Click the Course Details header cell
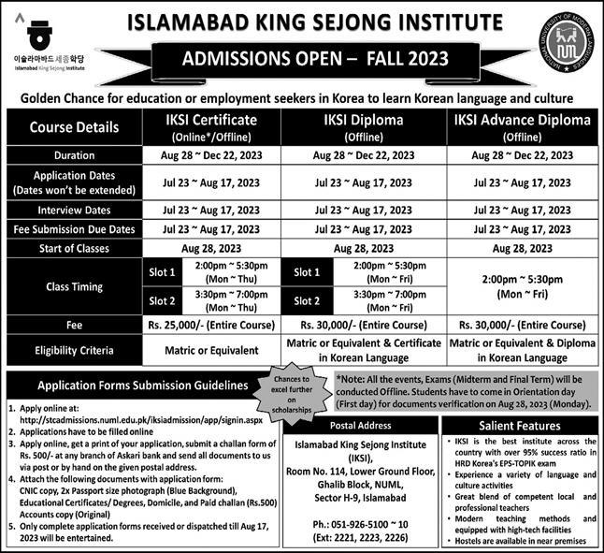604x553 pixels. [74, 126]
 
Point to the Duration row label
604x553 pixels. [74, 155]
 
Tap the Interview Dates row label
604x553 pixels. [74, 211]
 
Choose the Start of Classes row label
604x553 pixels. [74, 248]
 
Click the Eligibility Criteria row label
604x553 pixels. [74, 350]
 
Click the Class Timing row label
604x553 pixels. [74, 286]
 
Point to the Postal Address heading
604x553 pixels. [375, 424]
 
